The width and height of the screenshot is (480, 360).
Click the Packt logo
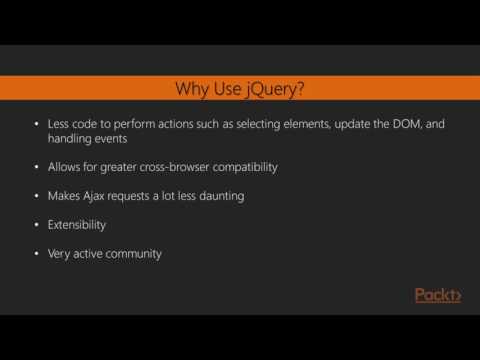tap(438, 295)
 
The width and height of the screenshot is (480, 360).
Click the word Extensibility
tap(79, 224)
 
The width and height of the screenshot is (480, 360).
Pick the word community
tap(132, 253)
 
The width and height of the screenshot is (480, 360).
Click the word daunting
tap(215, 195)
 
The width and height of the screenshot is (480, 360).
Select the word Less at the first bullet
tap(59, 123)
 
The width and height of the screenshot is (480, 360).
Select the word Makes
tap(63, 195)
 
